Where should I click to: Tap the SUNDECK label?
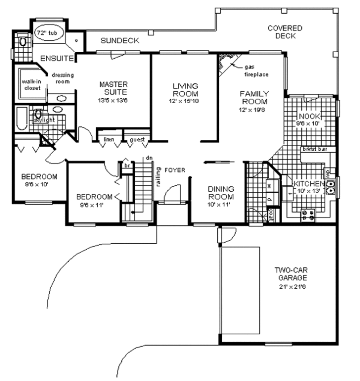tap(120, 41)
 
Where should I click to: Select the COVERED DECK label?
tap(285, 32)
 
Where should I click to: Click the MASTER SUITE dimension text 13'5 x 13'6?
tap(113, 99)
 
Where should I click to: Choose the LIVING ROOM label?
tap(185, 90)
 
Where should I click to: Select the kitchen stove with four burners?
tap(308, 215)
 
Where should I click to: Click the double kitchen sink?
tap(330, 186)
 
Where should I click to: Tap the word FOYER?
tap(175, 170)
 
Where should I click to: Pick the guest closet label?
tap(137, 140)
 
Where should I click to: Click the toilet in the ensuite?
tap(23, 42)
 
